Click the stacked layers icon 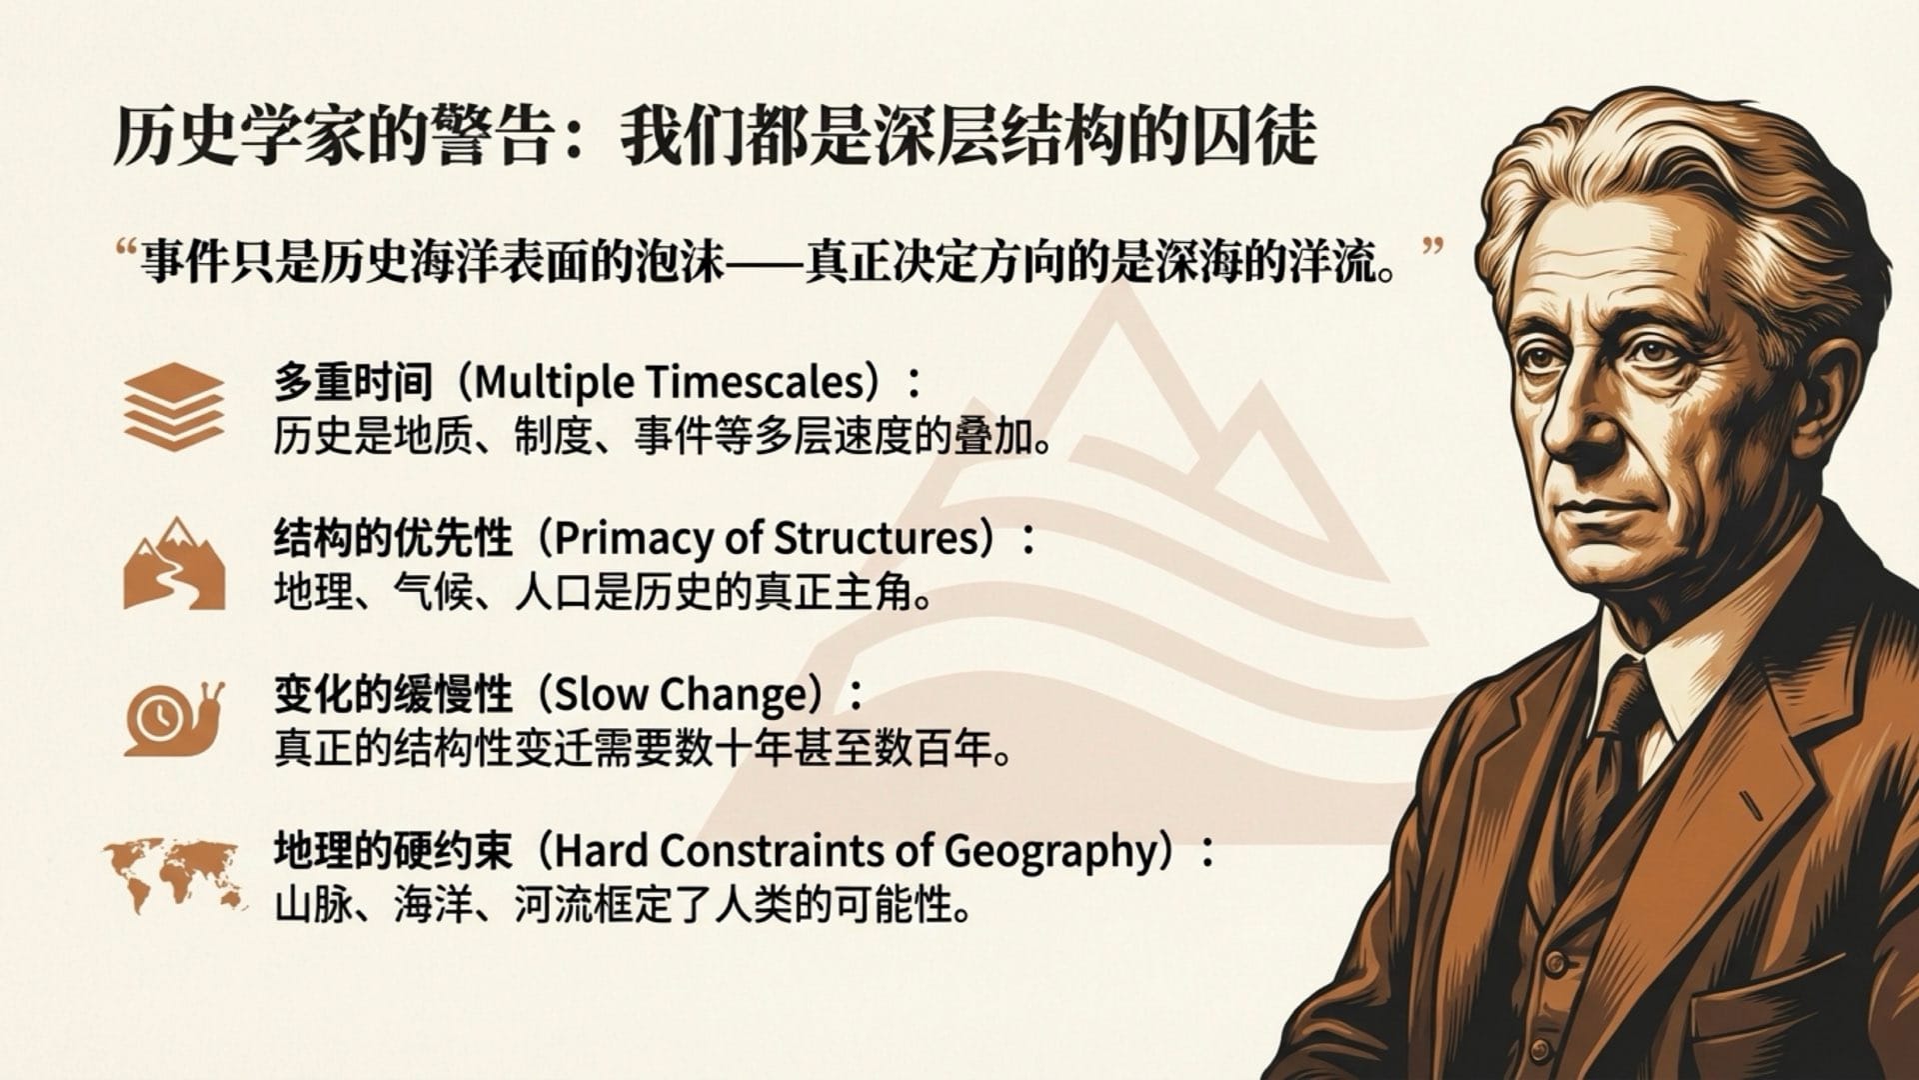point(174,405)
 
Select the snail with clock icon point(173,717)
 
